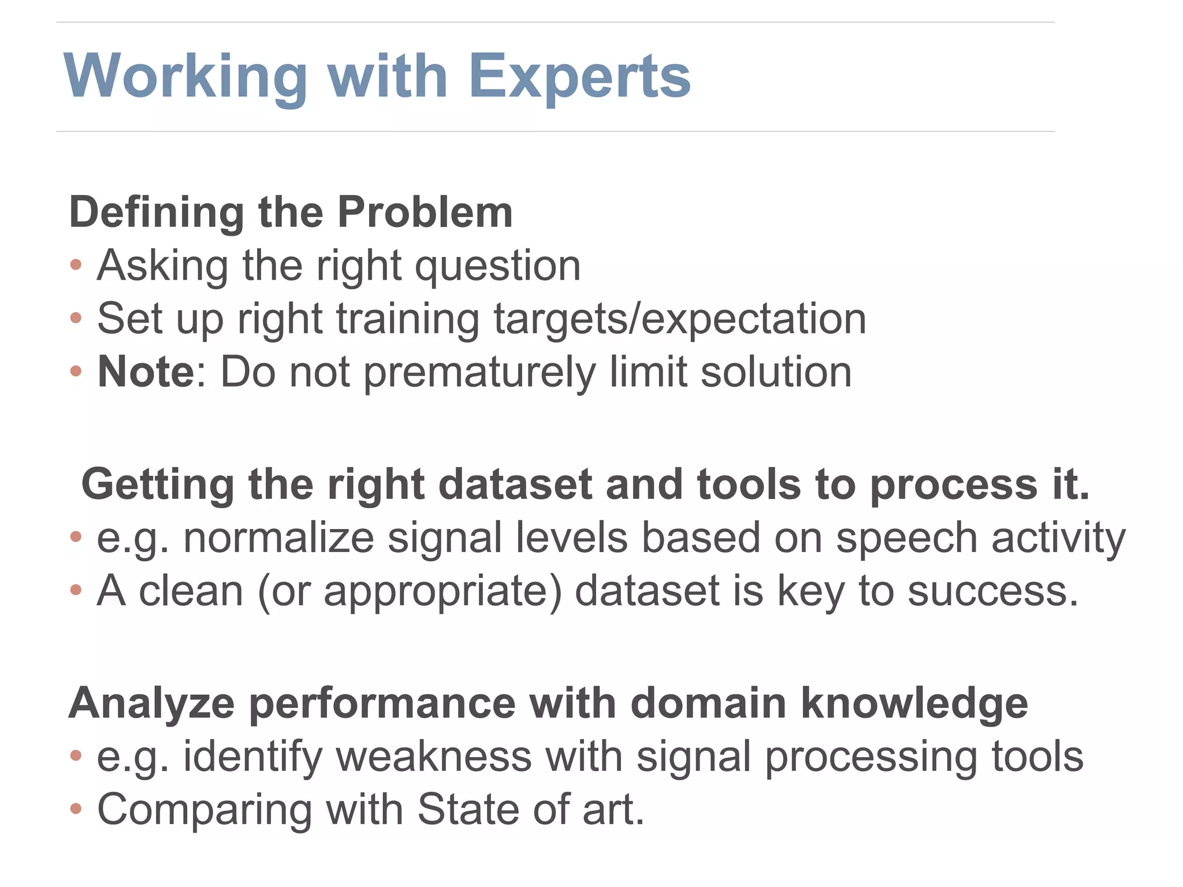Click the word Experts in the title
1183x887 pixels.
pos(579,77)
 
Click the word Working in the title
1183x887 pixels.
pos(185,77)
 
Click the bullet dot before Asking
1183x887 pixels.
pos(76,265)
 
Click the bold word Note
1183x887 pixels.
pos(146,371)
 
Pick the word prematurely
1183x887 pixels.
pos(479,372)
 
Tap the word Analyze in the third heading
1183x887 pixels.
pos(152,704)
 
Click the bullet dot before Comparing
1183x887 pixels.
pos(76,809)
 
